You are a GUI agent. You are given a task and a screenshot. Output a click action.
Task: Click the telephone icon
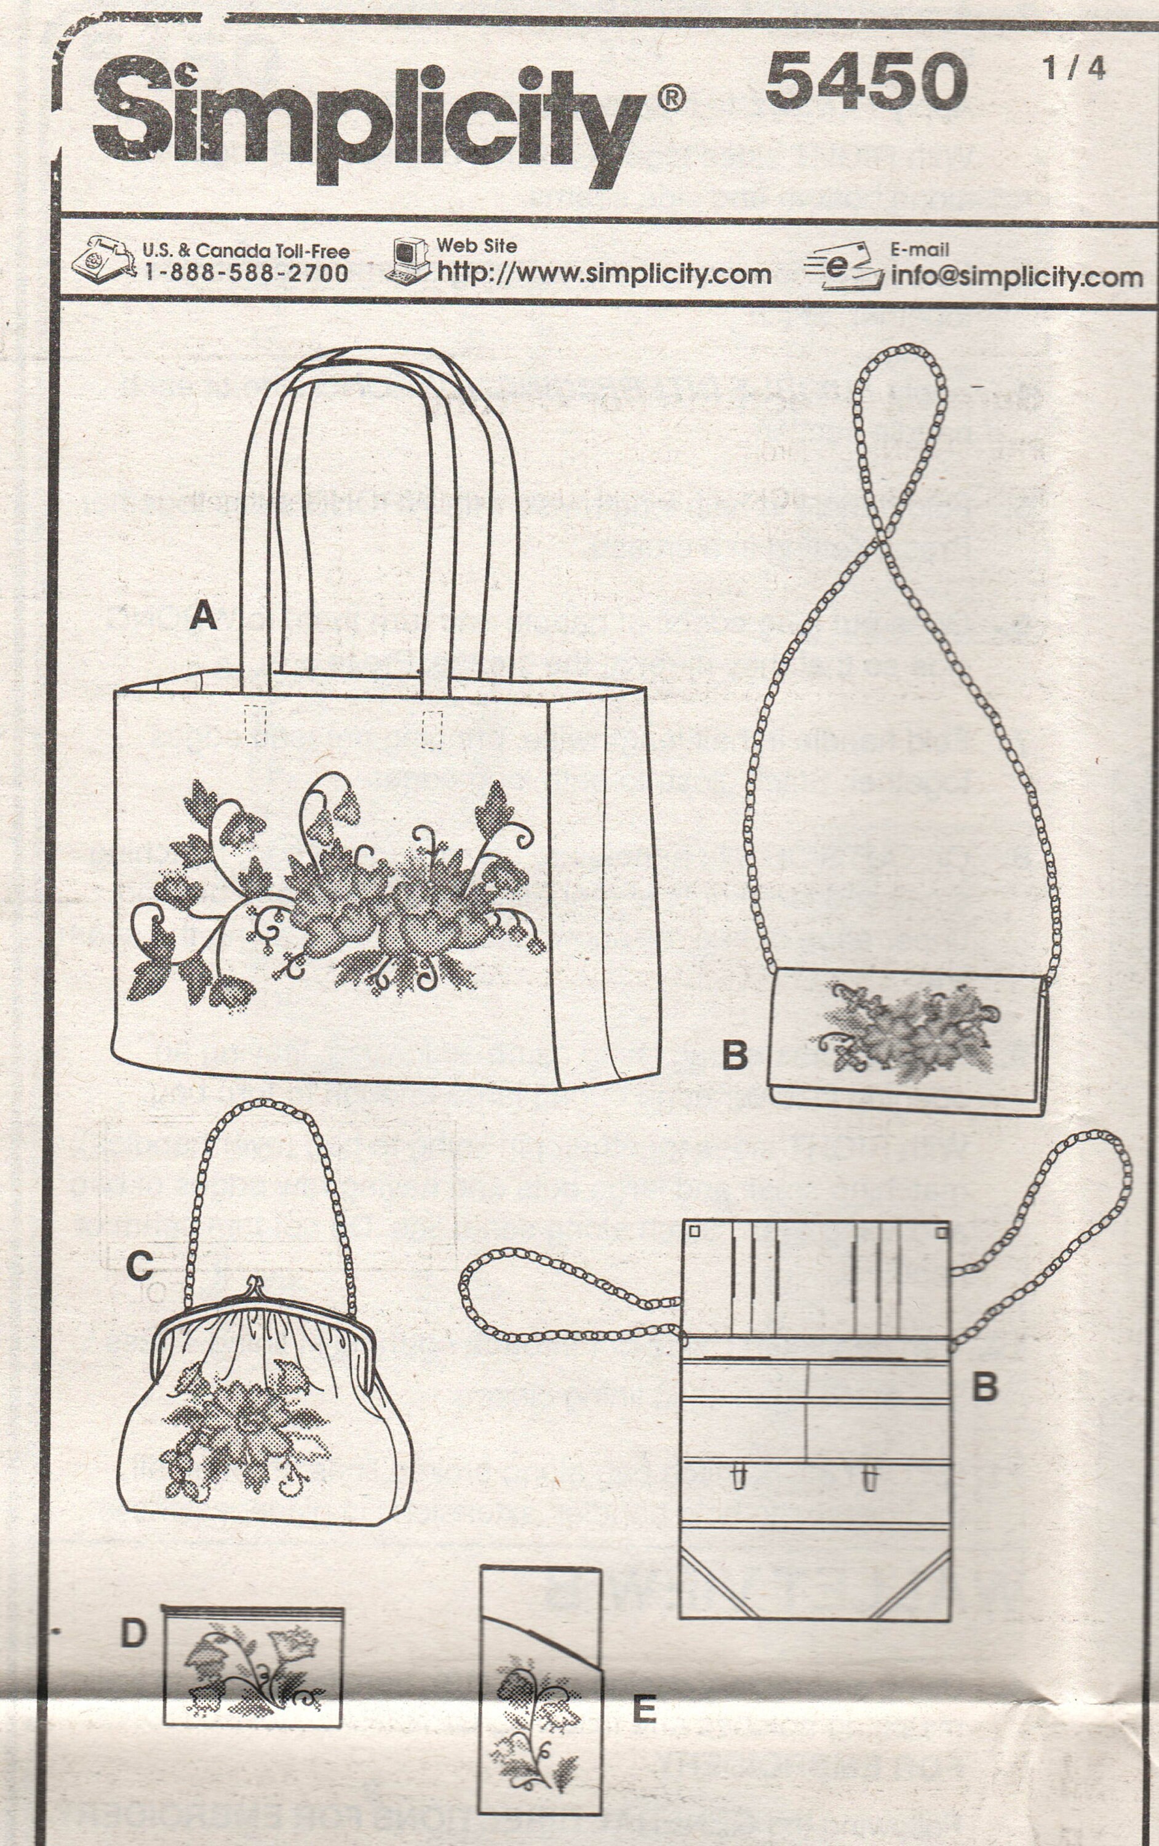point(103,261)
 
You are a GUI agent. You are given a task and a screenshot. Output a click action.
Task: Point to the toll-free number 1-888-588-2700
point(246,273)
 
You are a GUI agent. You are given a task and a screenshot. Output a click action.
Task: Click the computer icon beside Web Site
point(408,261)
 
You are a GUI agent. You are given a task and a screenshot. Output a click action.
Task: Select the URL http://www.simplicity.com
point(603,274)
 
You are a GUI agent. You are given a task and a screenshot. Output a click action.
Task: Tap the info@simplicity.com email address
point(1016,277)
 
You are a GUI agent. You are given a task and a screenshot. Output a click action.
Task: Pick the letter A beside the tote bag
point(203,615)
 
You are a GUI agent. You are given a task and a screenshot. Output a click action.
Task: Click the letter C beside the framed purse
point(140,1266)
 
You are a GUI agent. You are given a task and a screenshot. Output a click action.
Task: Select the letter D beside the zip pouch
point(133,1633)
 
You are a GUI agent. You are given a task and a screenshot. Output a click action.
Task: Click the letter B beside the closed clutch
point(735,1056)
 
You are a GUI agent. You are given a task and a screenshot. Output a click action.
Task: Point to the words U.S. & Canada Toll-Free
point(246,250)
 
